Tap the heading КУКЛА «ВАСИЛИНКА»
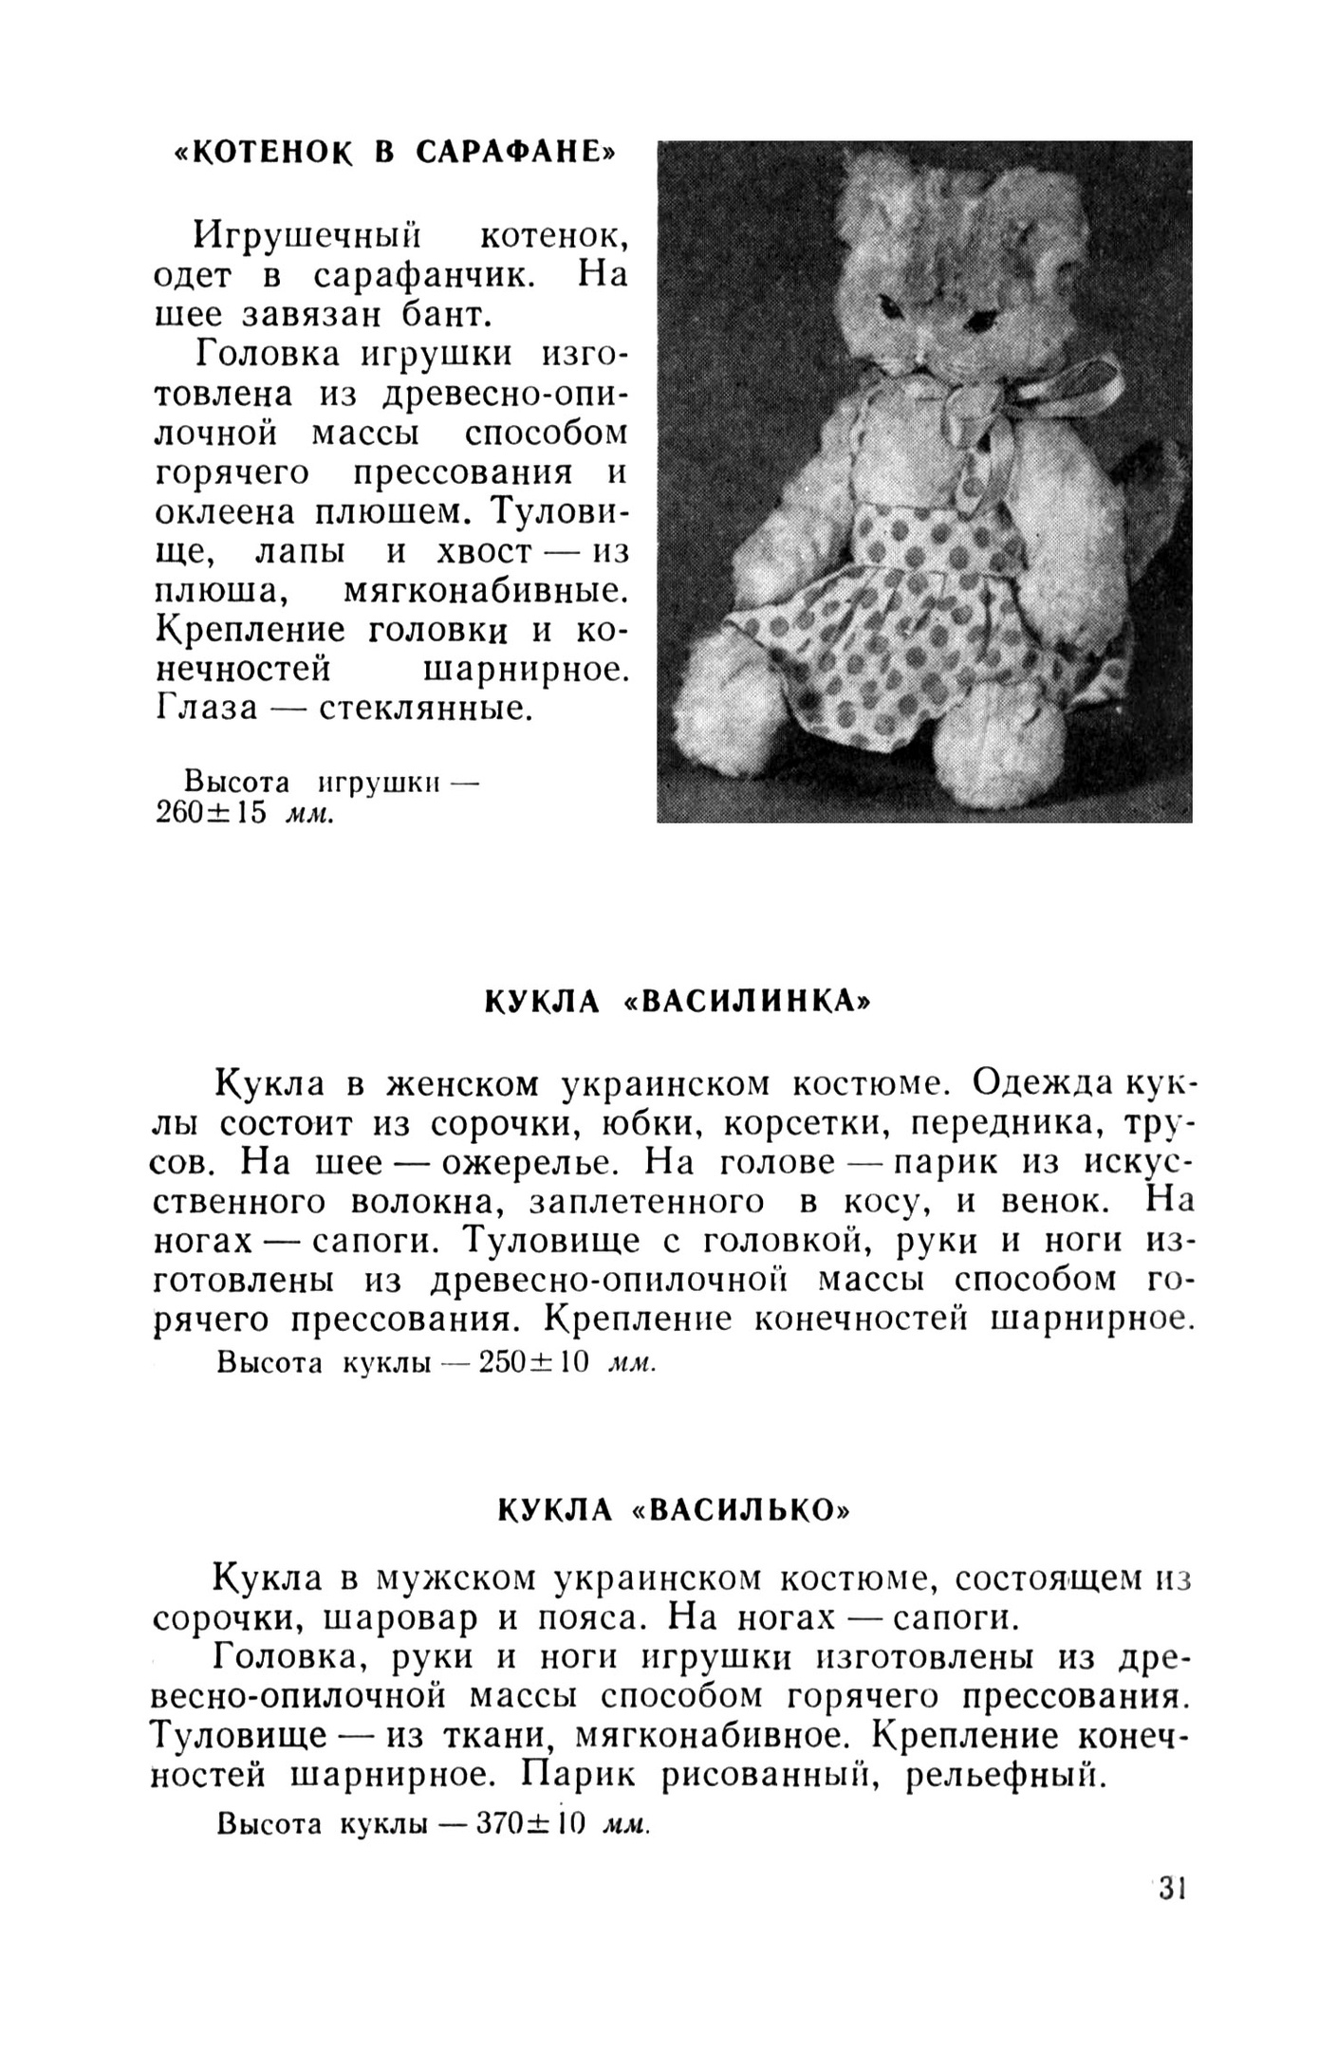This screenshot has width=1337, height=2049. (x=678, y=1002)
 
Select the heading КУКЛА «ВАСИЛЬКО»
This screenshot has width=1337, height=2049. (x=674, y=1509)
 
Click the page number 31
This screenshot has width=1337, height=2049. (x=1172, y=1915)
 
